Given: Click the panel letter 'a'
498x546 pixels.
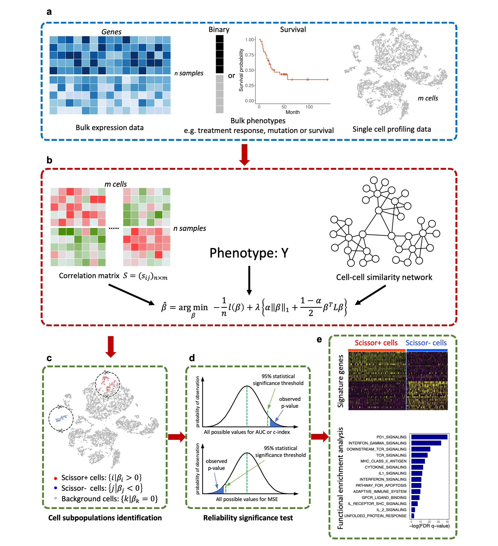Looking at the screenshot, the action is click(x=49, y=12).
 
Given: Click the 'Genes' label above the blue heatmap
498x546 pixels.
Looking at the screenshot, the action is click(x=111, y=32).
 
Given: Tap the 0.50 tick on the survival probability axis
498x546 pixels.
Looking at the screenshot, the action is click(x=250, y=70).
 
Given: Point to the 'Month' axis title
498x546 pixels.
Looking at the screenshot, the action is click(x=292, y=112).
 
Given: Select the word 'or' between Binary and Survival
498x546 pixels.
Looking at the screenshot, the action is click(x=231, y=76).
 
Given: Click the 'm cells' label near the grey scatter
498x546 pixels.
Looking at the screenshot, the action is click(x=428, y=98).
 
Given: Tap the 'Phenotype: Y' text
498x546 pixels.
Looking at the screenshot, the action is click(x=249, y=253).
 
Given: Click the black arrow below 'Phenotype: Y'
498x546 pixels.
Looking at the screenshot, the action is click(x=249, y=280).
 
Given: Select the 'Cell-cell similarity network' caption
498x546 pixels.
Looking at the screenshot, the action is click(x=384, y=277).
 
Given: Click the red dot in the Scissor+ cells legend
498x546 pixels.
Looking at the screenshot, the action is click(x=55, y=478).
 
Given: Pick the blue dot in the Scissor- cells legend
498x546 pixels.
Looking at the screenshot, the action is click(x=55, y=488).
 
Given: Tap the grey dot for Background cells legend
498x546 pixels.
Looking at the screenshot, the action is click(x=55, y=498).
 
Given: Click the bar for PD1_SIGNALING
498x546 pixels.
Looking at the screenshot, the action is click(x=429, y=437).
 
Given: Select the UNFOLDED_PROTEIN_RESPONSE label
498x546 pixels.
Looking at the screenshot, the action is click(x=375, y=516).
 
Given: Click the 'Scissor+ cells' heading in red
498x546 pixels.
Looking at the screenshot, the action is click(x=376, y=343).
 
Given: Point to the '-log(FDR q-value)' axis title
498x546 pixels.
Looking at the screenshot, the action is click(x=429, y=526).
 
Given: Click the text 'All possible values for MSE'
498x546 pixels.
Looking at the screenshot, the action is click(x=247, y=499).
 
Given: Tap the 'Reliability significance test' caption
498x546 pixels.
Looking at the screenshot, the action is click(x=248, y=518).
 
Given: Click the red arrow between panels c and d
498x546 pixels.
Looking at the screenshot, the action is click(x=176, y=437).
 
